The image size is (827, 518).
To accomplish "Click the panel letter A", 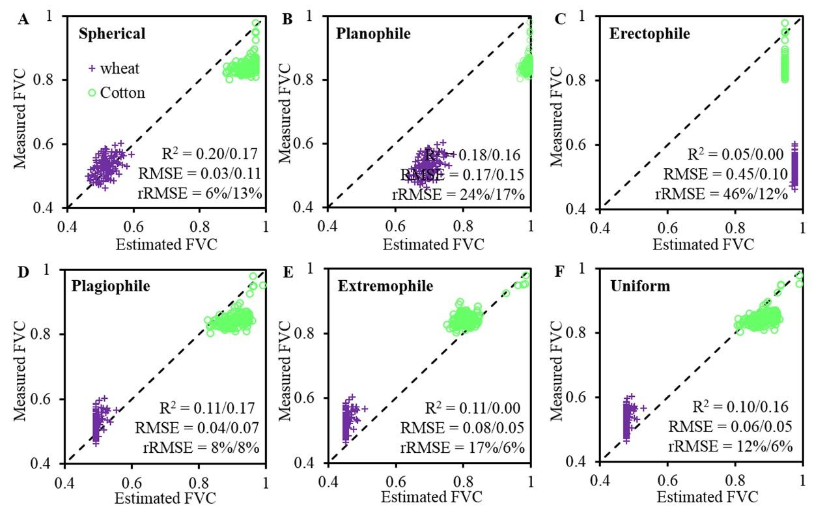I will point(23,20).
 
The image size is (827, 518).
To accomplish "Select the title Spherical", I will point(111,33).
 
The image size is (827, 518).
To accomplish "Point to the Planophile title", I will point(373,33).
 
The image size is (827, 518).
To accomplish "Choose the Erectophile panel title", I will point(649,33).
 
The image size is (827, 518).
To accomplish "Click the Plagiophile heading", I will point(115,286).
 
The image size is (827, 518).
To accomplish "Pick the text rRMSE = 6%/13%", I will point(204,194).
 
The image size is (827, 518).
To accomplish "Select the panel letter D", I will point(23,272).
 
